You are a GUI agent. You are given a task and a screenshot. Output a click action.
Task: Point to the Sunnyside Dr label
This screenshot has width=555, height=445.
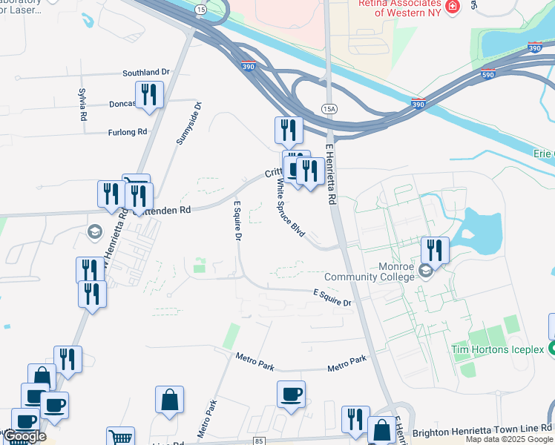click(188, 124)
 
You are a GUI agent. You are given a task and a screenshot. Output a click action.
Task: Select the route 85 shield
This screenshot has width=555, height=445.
click(259, 441)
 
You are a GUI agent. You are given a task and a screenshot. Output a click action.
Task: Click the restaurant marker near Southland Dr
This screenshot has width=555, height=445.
click(150, 95)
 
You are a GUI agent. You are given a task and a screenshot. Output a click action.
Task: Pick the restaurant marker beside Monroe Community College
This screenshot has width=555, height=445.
click(435, 250)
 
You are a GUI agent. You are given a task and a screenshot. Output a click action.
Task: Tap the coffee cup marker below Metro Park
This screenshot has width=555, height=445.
click(292, 394)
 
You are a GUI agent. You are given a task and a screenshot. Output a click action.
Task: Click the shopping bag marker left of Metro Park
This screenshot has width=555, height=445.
click(170, 400)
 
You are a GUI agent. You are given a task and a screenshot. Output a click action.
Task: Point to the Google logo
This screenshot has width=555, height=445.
click(24, 437)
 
